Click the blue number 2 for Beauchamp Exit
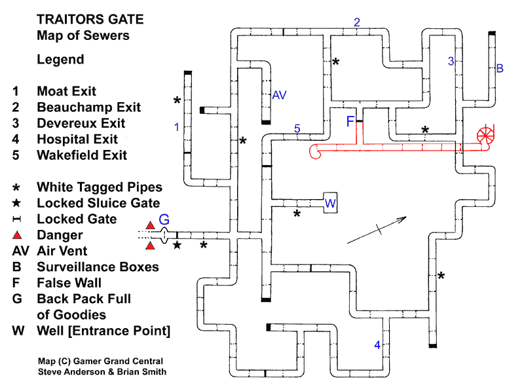tap(357, 22)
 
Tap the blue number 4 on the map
tap(377, 345)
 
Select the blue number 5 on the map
tap(297, 128)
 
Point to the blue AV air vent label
tap(280, 96)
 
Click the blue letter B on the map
tap(500, 68)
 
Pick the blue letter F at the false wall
tap(350, 121)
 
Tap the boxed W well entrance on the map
tap(330, 204)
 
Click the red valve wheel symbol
tap(487, 136)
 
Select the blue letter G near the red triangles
tap(164, 219)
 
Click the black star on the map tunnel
tap(177, 246)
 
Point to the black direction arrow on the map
tap(376, 230)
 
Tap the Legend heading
tap(60, 60)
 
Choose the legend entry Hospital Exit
tap(77, 139)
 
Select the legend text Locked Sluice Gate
tap(98, 203)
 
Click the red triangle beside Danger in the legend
tap(18, 235)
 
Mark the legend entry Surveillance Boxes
tap(98, 267)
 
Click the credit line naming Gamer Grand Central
tap(100, 362)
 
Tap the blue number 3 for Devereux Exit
tap(451, 62)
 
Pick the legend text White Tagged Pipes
tap(100, 187)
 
